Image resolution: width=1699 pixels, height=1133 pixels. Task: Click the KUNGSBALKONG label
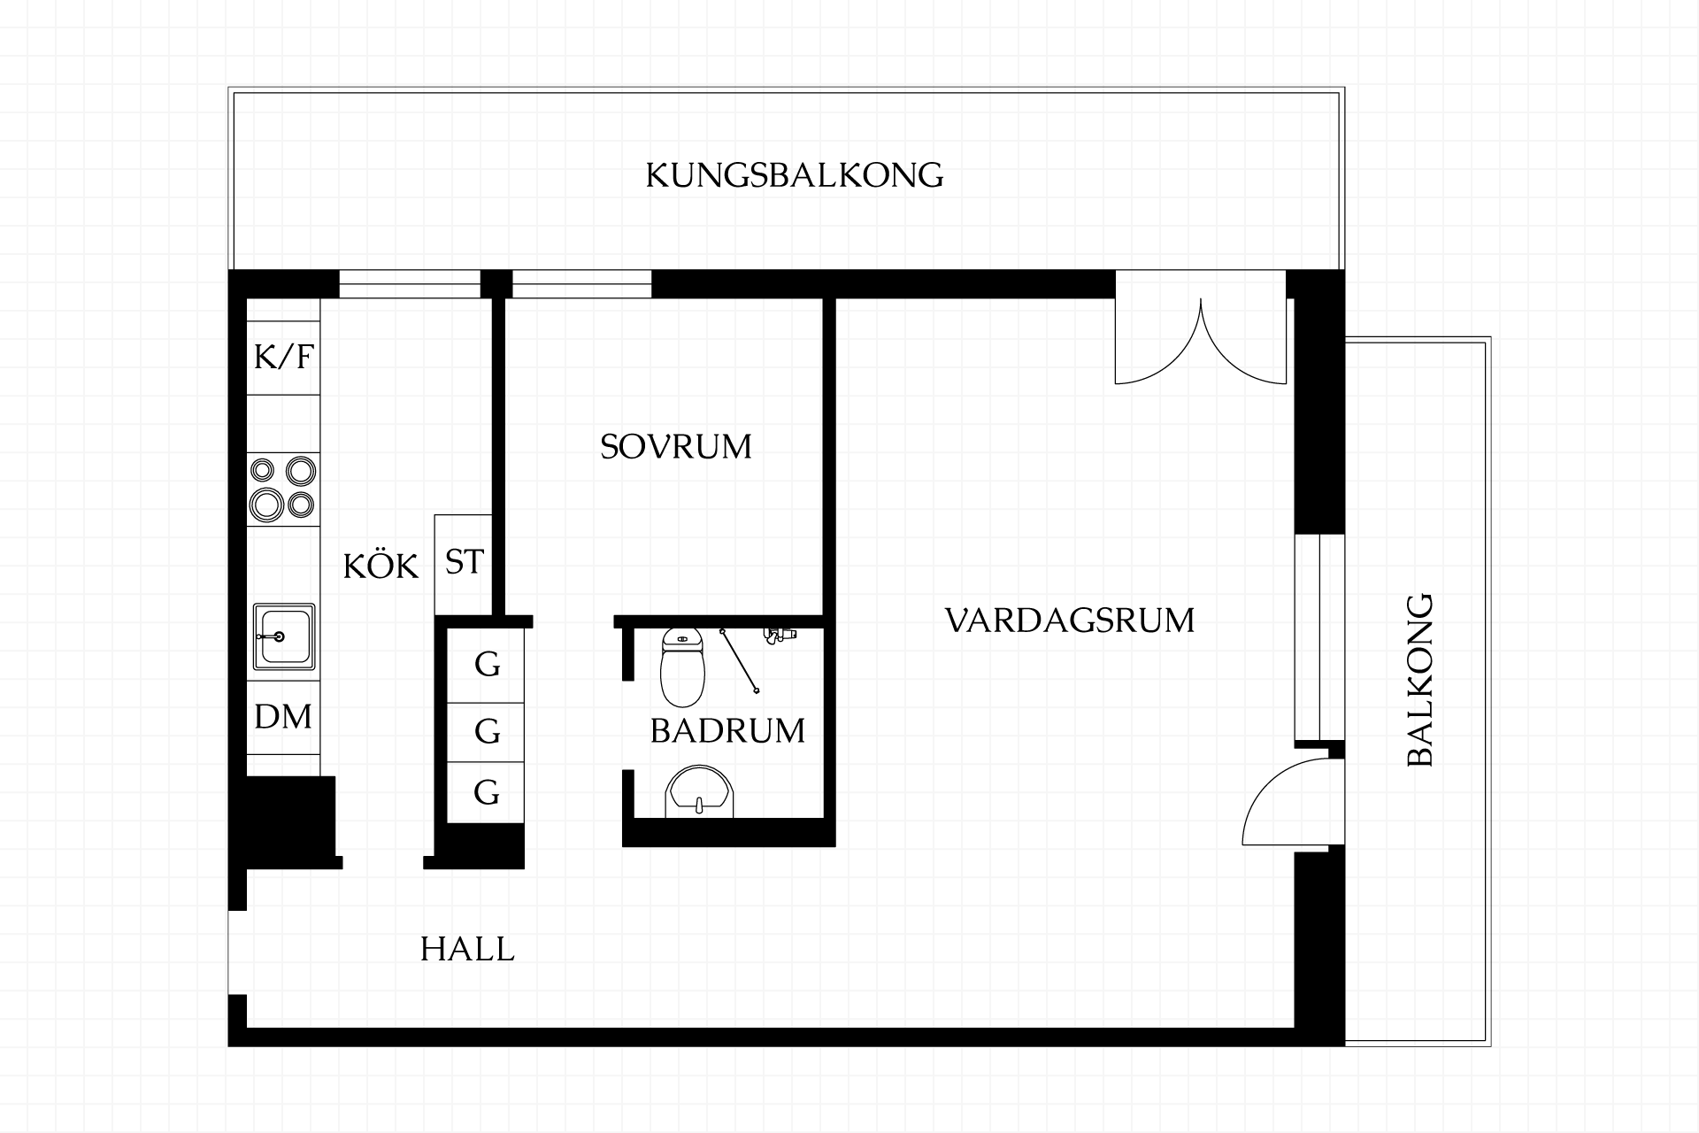click(794, 175)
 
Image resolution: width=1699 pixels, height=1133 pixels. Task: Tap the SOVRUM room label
click(676, 446)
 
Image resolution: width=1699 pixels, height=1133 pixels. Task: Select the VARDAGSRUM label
click(1070, 620)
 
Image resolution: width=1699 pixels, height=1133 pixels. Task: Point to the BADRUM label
click(727, 730)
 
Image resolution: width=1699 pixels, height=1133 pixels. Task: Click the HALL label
click(467, 949)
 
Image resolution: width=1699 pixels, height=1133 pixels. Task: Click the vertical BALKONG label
click(1419, 680)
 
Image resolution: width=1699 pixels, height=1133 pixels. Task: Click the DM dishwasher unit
click(283, 717)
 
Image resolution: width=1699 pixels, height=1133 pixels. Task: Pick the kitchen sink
click(284, 636)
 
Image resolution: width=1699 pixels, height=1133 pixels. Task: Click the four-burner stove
click(283, 489)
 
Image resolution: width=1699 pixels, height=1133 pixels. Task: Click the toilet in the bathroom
click(682, 667)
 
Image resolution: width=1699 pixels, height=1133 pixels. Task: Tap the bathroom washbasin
click(699, 791)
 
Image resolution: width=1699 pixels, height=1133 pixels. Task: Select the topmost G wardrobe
click(486, 665)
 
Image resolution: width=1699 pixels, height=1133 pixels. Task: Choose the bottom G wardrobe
click(486, 792)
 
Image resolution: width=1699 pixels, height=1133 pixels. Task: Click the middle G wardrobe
click(486, 732)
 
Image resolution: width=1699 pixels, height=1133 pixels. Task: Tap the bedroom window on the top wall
click(581, 284)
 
